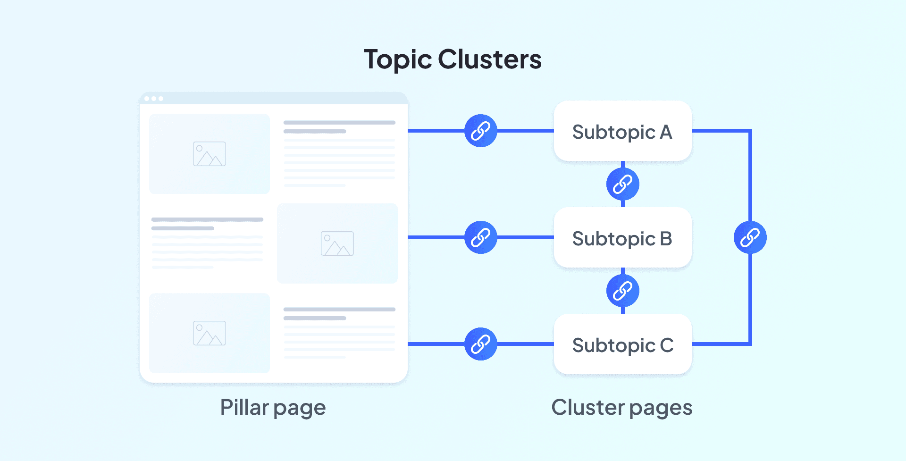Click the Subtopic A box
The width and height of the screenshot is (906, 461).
click(x=622, y=131)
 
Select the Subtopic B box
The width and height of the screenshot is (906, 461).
click(x=622, y=238)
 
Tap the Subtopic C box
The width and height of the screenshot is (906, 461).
click(x=622, y=344)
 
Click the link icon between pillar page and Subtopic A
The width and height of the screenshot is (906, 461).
click(x=480, y=131)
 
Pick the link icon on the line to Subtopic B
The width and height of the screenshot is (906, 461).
click(x=480, y=237)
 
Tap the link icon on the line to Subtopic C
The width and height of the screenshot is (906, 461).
click(x=480, y=344)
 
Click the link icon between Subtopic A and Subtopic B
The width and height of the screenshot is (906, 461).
click(x=622, y=184)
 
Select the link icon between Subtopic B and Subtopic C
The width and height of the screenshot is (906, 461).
click(x=622, y=291)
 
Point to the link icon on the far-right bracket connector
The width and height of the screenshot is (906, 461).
click(x=750, y=237)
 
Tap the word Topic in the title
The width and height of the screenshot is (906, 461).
click(x=398, y=60)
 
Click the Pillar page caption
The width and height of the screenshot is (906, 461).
click(x=273, y=407)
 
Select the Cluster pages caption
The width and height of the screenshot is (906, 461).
click(x=621, y=407)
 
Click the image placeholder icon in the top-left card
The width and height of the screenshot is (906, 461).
click(x=210, y=154)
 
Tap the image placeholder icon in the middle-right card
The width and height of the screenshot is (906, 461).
click(x=337, y=243)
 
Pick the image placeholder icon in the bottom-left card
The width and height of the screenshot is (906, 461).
click(x=210, y=333)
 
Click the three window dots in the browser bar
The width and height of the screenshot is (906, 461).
click(x=154, y=99)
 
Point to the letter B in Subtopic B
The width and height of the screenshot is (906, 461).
click(x=666, y=238)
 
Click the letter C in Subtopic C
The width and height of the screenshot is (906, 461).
click(x=666, y=345)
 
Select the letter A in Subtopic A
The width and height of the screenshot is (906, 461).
click(x=666, y=132)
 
